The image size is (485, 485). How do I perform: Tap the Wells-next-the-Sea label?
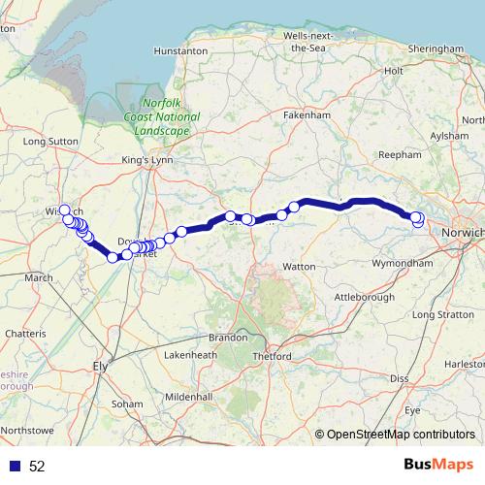click(x=308, y=41)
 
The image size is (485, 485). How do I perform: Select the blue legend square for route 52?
click(x=15, y=467)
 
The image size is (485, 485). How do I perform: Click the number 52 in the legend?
click(x=37, y=467)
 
